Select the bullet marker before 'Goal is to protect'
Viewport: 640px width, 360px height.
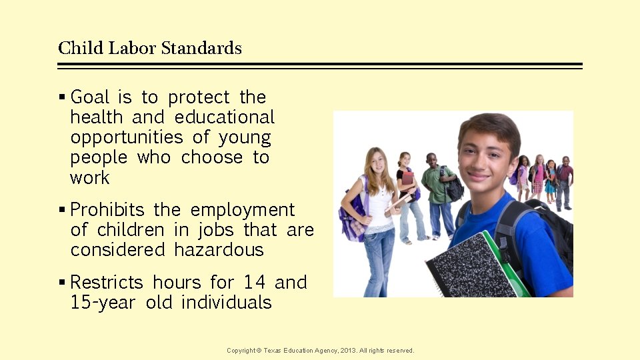click(x=62, y=97)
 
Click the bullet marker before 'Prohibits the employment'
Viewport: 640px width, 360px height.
click(x=62, y=210)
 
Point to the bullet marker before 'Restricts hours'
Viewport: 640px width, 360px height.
click(x=62, y=283)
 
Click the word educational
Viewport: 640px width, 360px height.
click(x=225, y=117)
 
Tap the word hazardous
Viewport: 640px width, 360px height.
click(x=219, y=250)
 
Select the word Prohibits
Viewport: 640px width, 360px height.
click(x=107, y=210)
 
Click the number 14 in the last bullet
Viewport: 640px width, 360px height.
click(x=255, y=283)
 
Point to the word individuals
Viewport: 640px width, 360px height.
click(x=227, y=303)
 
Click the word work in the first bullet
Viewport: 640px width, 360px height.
click(x=90, y=178)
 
